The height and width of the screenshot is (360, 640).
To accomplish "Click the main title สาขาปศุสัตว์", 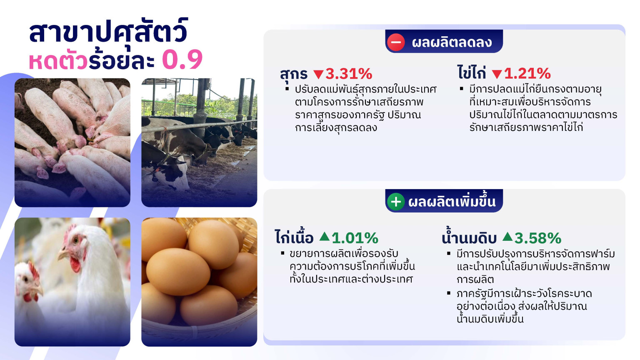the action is click(109, 32).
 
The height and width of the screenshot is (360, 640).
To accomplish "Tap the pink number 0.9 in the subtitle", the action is click(182, 60).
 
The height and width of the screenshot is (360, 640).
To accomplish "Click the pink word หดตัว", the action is click(58, 60).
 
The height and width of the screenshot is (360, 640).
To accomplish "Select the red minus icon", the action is click(396, 42).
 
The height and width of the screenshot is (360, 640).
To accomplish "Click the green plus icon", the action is click(396, 202).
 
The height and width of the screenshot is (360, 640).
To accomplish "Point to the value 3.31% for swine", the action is click(349, 74).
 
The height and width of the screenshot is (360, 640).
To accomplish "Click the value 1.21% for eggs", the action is click(527, 74).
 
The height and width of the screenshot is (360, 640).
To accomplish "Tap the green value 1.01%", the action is click(355, 238).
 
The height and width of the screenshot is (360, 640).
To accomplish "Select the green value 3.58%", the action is click(538, 238).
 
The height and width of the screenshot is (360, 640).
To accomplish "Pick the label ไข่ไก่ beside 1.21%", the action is click(472, 72).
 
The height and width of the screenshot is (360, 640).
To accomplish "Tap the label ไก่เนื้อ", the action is click(294, 237).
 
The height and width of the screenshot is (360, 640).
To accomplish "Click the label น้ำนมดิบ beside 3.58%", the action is click(469, 237).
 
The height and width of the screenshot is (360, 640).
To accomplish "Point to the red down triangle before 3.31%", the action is click(318, 74).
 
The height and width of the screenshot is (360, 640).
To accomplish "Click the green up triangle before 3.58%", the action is click(507, 237).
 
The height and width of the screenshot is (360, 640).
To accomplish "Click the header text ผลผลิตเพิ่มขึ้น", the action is click(452, 201).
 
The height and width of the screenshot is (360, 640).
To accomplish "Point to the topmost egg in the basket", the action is click(213, 244).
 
